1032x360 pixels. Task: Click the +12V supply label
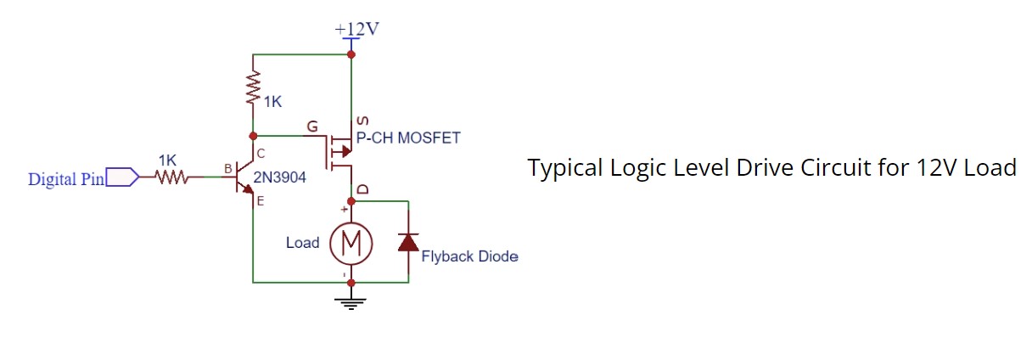[356, 28]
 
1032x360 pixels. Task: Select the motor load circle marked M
[351, 244]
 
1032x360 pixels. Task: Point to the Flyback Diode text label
[469, 256]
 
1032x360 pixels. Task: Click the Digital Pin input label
[66, 179]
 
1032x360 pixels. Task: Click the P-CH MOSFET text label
[408, 138]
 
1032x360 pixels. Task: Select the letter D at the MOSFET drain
[362, 189]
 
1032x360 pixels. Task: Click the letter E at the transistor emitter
[260, 201]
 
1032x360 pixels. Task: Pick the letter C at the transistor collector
[260, 154]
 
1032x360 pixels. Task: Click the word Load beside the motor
[302, 243]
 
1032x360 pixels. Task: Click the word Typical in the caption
[564, 168]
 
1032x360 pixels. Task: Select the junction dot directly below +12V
[351, 54]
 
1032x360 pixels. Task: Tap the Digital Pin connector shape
[122, 177]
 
